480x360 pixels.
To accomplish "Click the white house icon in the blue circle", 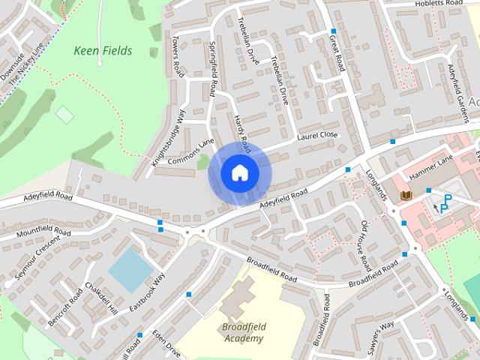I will [239, 172].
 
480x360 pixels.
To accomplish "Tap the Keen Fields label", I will [103, 51].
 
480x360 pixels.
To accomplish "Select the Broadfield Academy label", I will [243, 333].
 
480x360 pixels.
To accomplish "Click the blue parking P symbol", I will [445, 202].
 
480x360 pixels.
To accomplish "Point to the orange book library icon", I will [406, 196].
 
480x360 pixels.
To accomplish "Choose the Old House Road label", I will [365, 245].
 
